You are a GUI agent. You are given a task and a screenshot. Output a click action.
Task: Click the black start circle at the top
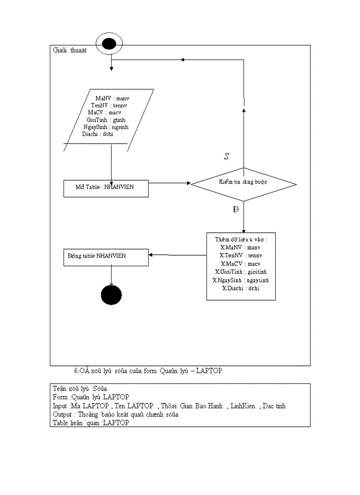click(109, 44)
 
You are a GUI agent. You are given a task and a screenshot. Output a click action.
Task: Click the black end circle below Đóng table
click(111, 294)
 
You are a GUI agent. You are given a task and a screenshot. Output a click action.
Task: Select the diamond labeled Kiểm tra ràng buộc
click(244, 184)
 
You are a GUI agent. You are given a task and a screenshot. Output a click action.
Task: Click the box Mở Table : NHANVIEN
click(106, 188)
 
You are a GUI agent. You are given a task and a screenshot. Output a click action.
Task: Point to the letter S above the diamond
click(227, 156)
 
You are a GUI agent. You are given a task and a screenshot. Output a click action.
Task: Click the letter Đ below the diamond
click(236, 209)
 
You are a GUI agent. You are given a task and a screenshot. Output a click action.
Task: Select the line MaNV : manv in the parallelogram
click(112, 98)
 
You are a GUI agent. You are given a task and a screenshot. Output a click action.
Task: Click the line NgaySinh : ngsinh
click(106, 127)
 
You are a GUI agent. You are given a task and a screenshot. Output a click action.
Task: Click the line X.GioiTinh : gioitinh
click(241, 272)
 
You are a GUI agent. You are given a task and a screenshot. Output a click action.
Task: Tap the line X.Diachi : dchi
click(241, 288)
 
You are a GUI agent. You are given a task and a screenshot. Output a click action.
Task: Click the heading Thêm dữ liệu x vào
click(241, 239)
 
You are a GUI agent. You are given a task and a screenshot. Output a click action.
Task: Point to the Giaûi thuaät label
click(69, 50)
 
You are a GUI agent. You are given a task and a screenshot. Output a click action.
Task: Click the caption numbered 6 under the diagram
click(148, 371)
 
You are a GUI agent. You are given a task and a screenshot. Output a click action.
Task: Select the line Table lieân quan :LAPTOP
click(91, 423)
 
